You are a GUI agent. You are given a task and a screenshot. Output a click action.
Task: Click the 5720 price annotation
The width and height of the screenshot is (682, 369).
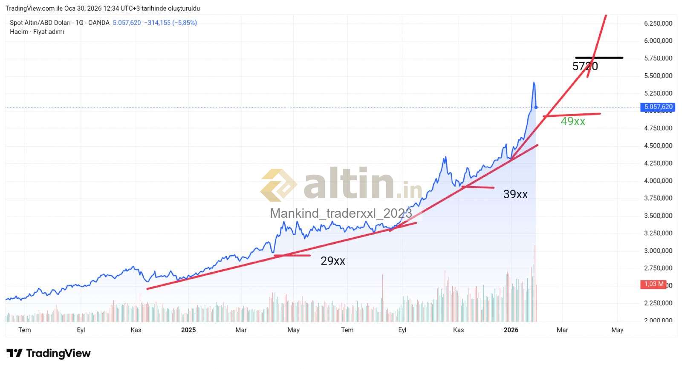tap(585, 66)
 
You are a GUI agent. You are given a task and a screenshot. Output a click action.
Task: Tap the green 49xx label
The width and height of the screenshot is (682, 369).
tap(572, 121)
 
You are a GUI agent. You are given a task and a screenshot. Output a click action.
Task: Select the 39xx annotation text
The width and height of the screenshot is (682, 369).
tap(515, 194)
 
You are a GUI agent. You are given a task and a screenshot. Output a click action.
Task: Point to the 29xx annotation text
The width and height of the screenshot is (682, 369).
tap(332, 261)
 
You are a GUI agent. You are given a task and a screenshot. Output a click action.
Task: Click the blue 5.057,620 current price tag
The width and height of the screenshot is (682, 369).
tap(658, 107)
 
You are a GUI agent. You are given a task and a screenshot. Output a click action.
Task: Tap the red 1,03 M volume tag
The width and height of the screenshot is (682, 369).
tap(653, 284)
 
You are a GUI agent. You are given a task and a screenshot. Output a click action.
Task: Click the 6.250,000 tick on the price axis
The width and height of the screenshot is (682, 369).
tap(658, 23)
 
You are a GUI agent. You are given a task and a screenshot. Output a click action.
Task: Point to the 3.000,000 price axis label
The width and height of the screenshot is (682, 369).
tap(658, 251)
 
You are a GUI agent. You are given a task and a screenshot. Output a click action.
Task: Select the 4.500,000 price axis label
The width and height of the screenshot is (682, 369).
tap(658, 146)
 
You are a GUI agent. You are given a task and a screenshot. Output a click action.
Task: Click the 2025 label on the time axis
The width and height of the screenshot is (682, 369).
tap(188, 330)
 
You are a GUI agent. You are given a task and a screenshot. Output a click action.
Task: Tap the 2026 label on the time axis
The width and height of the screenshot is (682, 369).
tap(511, 330)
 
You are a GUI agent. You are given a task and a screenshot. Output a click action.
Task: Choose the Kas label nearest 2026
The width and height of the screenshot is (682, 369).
tap(458, 330)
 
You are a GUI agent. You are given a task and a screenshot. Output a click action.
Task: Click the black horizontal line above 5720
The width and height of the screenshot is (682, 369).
tap(599, 58)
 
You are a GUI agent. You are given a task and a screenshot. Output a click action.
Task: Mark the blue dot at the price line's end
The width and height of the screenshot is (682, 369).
tap(536, 107)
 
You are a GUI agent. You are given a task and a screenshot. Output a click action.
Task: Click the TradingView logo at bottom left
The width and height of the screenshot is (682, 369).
tap(49, 353)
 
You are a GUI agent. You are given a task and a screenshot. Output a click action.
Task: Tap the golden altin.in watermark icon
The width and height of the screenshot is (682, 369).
tap(278, 185)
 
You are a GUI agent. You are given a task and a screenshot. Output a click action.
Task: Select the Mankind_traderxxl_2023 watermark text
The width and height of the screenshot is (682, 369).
tap(341, 213)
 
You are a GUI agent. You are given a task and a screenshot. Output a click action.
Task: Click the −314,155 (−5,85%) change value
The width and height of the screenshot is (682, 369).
tap(170, 23)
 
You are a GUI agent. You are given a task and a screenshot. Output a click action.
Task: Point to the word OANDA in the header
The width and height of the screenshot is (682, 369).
tap(98, 23)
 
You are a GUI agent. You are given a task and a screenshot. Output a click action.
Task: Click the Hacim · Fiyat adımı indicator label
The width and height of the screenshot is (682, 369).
tap(37, 32)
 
